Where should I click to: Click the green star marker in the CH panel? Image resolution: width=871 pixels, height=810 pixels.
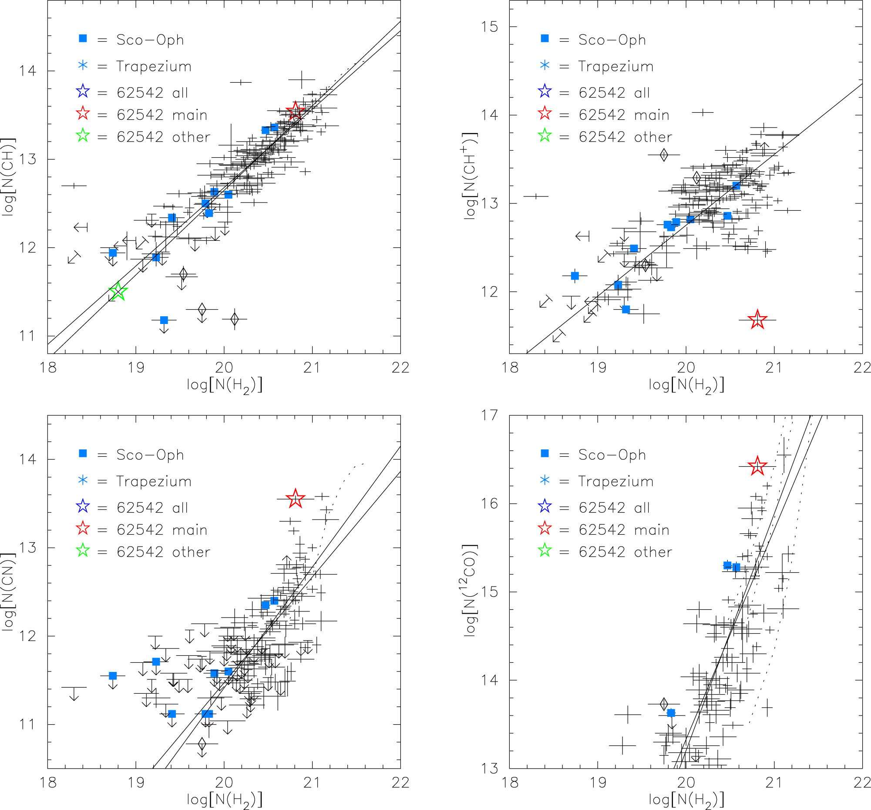pyautogui.click(x=118, y=292)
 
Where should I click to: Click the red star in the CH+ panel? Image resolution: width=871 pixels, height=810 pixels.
pyautogui.click(x=757, y=320)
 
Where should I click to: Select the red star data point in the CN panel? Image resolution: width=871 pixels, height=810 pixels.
pyautogui.click(x=295, y=498)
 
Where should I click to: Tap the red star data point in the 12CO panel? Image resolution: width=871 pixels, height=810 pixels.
pyautogui.click(x=757, y=466)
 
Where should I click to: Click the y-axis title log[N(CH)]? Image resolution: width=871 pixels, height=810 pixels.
pyautogui.click(x=9, y=177)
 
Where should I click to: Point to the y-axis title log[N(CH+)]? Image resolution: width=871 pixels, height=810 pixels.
pyautogui.click(x=471, y=175)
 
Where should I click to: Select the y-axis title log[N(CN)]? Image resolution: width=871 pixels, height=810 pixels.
pyautogui.click(x=9, y=592)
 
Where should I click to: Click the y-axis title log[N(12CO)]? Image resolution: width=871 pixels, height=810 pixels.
pyautogui.click(x=471, y=590)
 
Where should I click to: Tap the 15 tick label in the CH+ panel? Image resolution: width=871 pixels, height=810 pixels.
pyautogui.click(x=489, y=27)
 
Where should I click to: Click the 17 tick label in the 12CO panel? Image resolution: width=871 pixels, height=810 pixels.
pyautogui.click(x=489, y=415)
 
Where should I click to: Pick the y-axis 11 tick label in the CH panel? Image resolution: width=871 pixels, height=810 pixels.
pyautogui.click(x=27, y=336)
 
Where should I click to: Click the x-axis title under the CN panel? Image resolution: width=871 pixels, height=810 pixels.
pyautogui.click(x=224, y=800)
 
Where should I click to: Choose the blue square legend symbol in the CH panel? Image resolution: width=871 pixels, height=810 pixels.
pyautogui.click(x=83, y=39)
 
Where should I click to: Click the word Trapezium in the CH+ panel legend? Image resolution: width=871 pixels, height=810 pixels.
pyautogui.click(x=615, y=66)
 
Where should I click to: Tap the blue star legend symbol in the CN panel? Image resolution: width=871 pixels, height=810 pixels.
pyautogui.click(x=83, y=507)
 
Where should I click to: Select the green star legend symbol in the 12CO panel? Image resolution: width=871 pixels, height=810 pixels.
pyautogui.click(x=545, y=550)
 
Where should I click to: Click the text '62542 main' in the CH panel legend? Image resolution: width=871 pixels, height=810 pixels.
pyautogui.click(x=161, y=115)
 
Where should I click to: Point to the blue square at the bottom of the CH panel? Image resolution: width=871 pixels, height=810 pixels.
pyautogui.click(x=164, y=321)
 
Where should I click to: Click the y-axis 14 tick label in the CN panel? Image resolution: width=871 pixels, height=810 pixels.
pyautogui.click(x=27, y=459)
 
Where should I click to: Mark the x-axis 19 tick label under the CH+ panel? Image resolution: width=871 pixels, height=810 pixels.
pyautogui.click(x=598, y=367)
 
